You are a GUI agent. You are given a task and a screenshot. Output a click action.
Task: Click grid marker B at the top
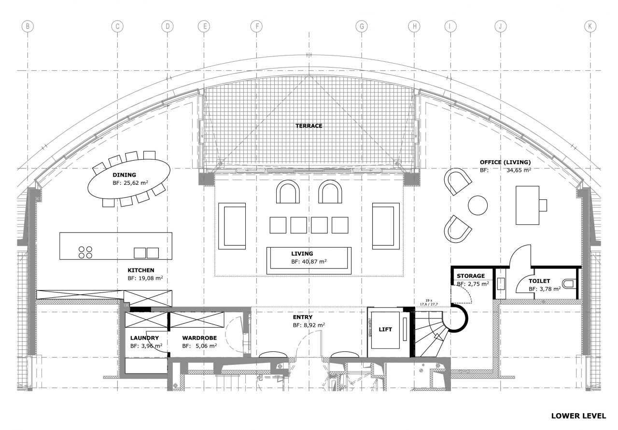point(28,27)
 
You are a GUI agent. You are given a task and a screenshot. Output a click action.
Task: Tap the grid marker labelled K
point(590,27)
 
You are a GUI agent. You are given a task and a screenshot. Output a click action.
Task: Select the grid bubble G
point(362,27)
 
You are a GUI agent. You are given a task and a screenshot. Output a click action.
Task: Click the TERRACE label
point(309,126)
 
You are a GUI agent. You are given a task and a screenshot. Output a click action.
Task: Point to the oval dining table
point(129,179)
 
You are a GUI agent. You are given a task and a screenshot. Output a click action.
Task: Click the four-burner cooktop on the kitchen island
point(85,252)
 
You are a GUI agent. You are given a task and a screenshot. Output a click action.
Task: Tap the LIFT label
point(385,329)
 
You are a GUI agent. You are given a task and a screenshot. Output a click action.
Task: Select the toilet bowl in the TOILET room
point(569,284)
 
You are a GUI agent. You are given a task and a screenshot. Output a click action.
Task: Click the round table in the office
point(478,205)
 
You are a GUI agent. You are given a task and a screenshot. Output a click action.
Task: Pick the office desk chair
point(543,205)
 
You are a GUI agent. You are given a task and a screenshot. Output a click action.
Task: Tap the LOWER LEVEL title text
point(578,416)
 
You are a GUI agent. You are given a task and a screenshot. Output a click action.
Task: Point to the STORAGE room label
point(471,276)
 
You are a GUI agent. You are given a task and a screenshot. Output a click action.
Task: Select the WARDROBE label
point(199,338)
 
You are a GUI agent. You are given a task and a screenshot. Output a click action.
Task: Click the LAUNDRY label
point(144,338)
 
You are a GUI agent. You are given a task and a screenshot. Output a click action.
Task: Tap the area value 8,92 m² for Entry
point(314,325)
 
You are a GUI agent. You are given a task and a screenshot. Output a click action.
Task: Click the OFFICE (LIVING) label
point(505,162)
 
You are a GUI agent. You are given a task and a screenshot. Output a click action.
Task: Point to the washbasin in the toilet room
point(501,284)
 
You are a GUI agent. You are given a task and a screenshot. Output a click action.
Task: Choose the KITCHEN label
point(140,270)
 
